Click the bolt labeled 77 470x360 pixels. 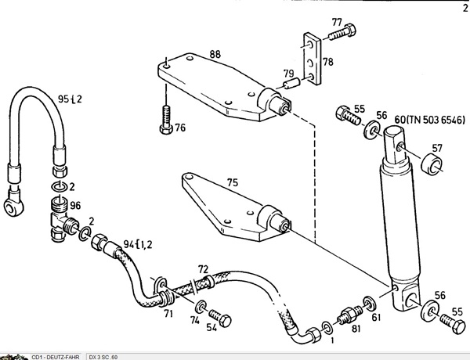pos(342,32)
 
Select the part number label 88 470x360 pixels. pos(215,54)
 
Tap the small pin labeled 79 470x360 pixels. pos(292,83)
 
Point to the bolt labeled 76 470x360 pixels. pos(166,120)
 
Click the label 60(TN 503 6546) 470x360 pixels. pos(429,120)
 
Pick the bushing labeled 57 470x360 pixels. pos(432,164)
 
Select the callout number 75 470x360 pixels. pos(233,182)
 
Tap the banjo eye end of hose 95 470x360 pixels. pos(14,204)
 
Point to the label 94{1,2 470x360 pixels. pos(138,244)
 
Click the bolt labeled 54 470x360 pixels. pos(220,318)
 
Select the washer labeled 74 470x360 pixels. pos(201,306)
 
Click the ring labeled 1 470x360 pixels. pos(327,328)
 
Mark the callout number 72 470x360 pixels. pos(203,269)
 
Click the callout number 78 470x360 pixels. pos(328,62)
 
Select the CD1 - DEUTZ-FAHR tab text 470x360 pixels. pos(56,357)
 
